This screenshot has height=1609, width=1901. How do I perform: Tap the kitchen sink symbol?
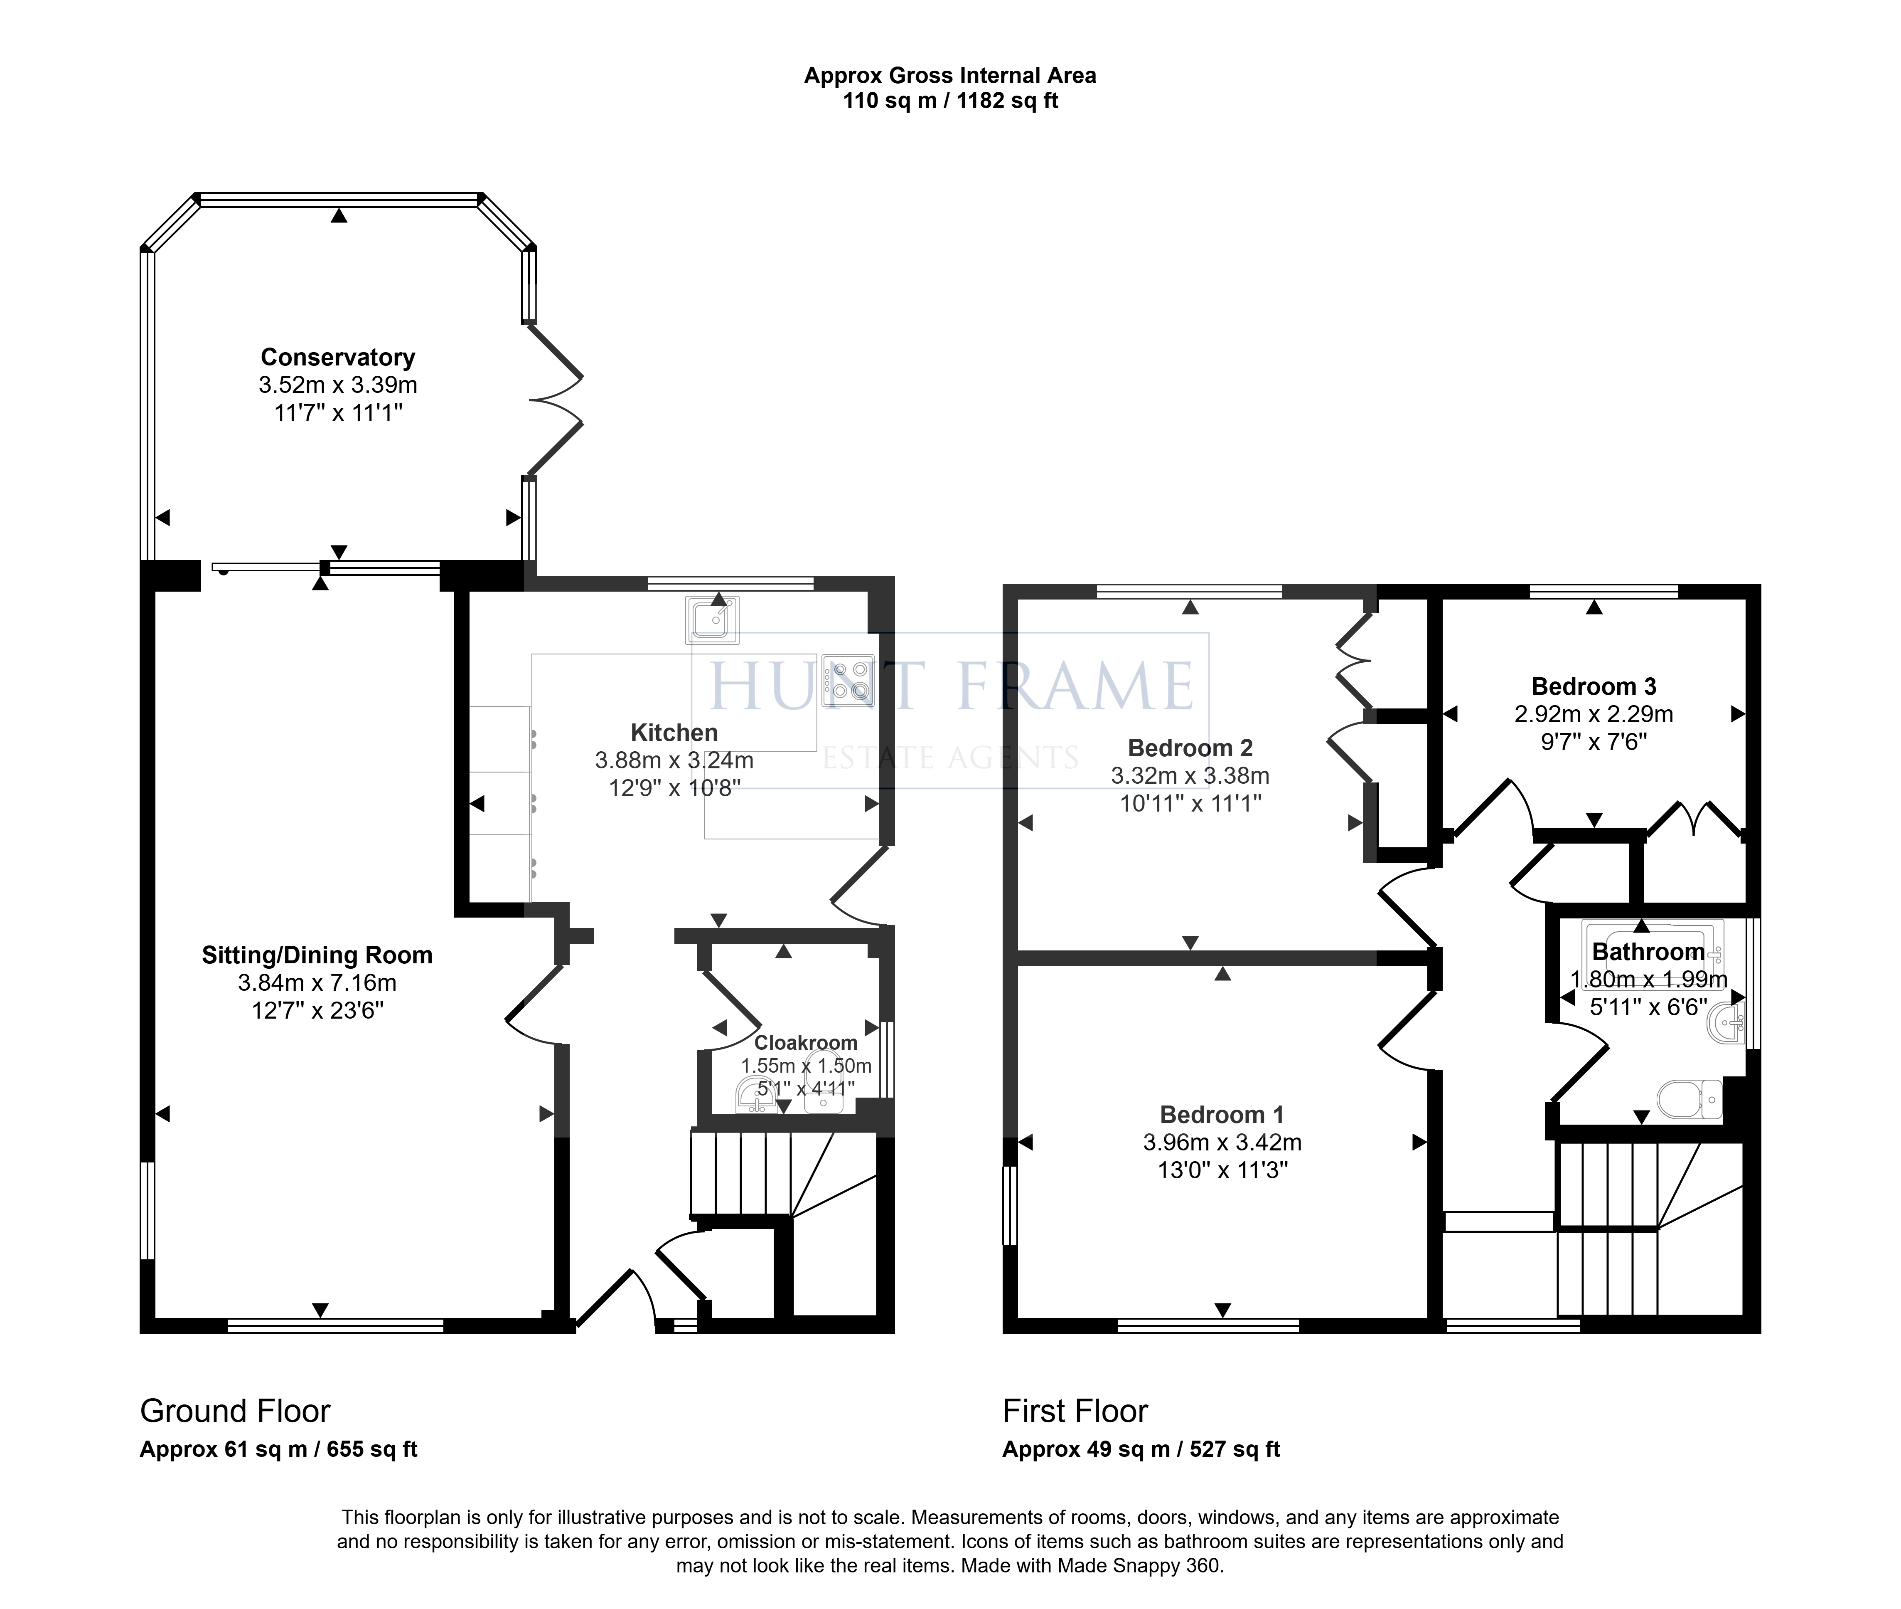711,620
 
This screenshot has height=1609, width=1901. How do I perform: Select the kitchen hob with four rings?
847,681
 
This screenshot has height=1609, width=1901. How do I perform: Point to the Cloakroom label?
806,1043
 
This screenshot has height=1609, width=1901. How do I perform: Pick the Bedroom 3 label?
1594,686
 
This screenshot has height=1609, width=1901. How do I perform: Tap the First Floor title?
1075,1411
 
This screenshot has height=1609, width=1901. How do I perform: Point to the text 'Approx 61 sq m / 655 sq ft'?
278,1449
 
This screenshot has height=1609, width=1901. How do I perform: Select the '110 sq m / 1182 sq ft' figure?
950,100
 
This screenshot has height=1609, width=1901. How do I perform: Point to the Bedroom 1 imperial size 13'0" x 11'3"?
1222,1170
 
